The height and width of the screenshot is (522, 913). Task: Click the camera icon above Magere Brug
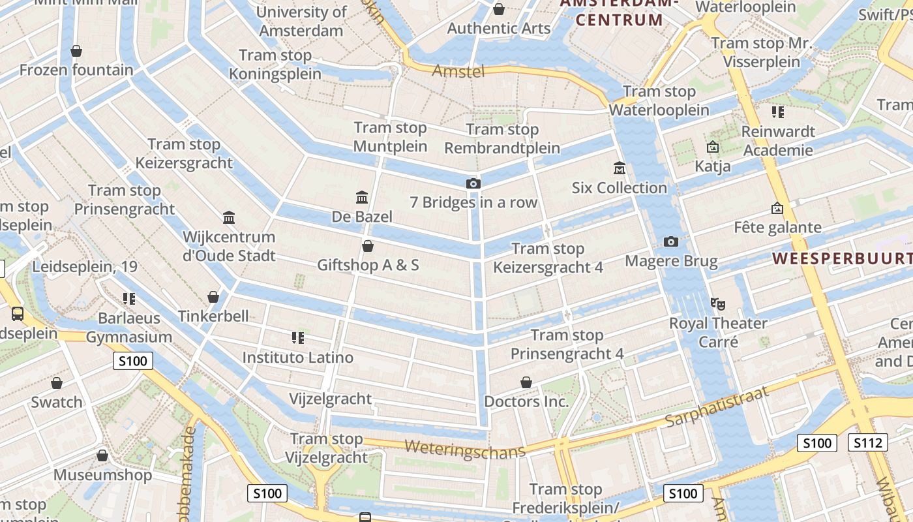click(671, 242)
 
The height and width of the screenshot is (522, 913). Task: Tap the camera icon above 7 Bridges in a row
click(473, 183)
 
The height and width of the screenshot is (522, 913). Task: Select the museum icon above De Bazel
click(362, 197)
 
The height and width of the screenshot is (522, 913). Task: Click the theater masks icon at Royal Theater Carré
click(718, 303)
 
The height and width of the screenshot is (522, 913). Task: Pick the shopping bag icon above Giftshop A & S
click(368, 246)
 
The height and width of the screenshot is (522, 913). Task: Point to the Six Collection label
click(620, 188)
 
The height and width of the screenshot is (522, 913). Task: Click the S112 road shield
click(868, 443)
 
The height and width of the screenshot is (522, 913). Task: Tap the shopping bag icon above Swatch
click(57, 383)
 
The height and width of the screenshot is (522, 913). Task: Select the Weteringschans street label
click(465, 449)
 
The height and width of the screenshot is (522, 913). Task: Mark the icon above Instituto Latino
click(298, 338)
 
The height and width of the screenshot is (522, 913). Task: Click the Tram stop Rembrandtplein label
click(502, 139)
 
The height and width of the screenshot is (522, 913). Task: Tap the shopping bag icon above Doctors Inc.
click(526, 382)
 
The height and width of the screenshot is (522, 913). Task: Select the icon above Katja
click(713, 147)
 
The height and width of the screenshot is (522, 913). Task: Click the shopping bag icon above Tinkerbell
click(213, 297)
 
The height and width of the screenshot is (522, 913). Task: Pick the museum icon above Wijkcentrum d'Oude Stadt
click(229, 217)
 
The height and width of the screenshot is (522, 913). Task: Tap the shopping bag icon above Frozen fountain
click(76, 51)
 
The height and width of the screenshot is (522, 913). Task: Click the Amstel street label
click(458, 70)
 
